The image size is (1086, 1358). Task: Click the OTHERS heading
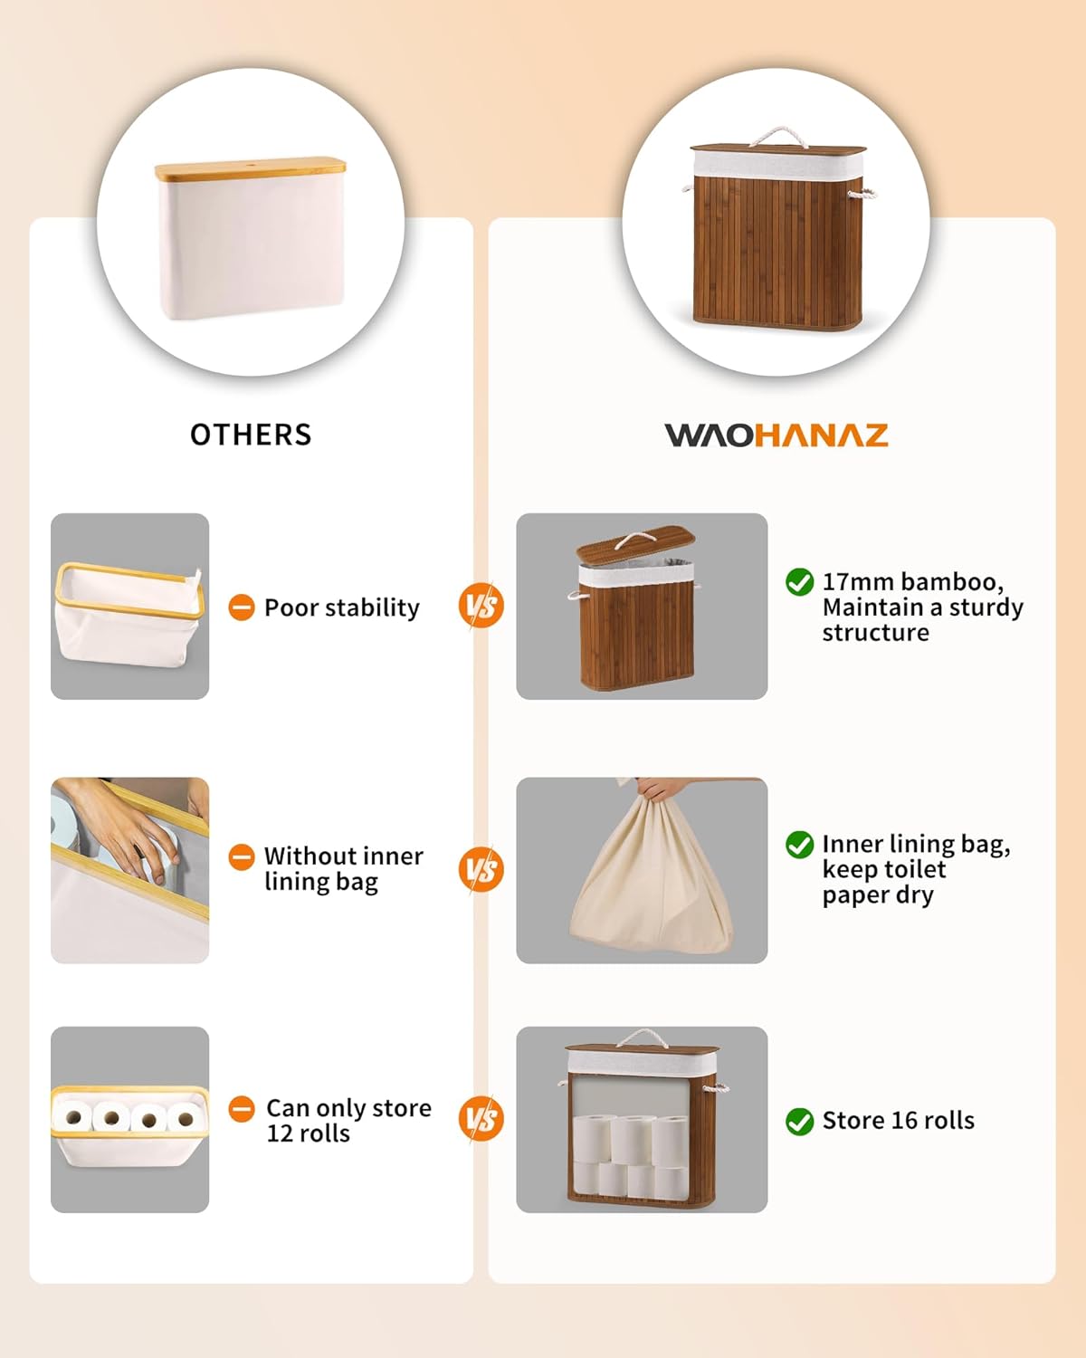251,435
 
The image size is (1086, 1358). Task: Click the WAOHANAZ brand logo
776,435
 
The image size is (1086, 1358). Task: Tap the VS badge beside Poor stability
481,606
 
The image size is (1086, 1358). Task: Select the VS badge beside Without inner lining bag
481,869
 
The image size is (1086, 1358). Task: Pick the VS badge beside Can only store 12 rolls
481,1119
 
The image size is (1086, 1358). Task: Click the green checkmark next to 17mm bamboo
799,582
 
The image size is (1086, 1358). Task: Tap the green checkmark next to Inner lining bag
799,845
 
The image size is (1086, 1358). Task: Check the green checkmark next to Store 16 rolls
799,1121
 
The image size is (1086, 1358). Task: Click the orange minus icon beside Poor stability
242,607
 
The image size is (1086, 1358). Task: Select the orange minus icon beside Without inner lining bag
242,856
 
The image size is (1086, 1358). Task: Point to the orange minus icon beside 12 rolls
242,1108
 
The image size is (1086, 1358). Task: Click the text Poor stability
342,607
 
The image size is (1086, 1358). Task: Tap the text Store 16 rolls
898,1121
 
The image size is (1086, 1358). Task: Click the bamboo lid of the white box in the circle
250,169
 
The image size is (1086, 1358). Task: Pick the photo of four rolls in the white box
129,1119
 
